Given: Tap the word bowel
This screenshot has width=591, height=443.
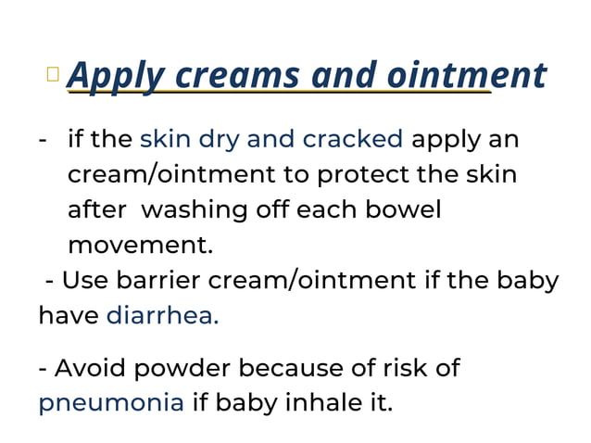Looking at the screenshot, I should (404, 209).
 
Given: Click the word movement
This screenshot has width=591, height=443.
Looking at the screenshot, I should (139, 246).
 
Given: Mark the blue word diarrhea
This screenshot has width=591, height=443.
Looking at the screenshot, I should (163, 315).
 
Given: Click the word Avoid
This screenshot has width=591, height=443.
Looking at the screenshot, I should (89, 368).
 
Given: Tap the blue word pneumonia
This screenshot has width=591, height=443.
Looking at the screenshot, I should (111, 403).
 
